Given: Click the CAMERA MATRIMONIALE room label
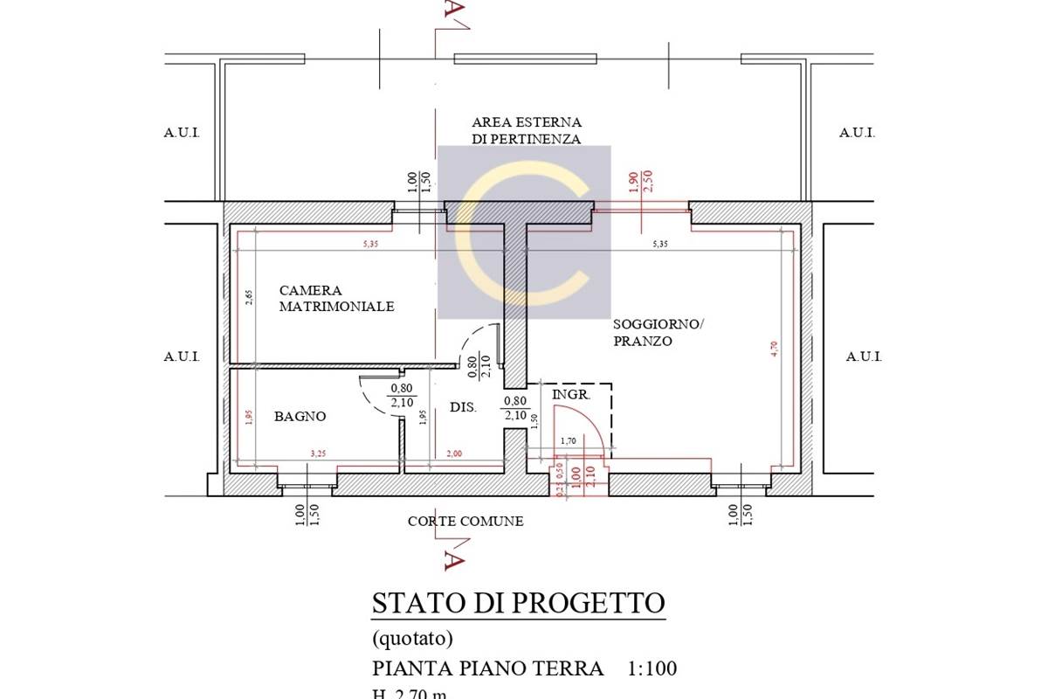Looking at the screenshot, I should (x=336, y=298).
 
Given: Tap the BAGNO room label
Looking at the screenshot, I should (x=300, y=417).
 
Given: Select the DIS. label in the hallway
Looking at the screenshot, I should (x=462, y=407).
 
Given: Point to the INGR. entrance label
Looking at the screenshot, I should (x=572, y=395).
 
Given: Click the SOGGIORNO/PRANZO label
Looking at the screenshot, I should (x=657, y=332).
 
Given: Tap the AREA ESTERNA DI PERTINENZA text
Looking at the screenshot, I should (x=526, y=130).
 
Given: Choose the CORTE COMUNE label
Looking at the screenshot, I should (x=465, y=522).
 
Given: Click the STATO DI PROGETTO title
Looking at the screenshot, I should (x=518, y=603).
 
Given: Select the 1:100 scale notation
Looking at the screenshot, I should (x=652, y=669).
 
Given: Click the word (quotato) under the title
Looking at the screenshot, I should (x=412, y=639).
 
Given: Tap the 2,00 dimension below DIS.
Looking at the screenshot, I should (x=455, y=453).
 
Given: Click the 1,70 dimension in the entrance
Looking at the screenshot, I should (x=568, y=441).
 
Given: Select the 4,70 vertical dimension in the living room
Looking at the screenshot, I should (x=773, y=348).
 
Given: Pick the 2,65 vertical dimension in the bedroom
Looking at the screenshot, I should (x=249, y=297).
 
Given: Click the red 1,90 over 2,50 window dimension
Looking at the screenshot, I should (x=640, y=182).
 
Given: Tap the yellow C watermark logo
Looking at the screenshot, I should (x=524, y=232).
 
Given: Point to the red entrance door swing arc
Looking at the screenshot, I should (x=596, y=424).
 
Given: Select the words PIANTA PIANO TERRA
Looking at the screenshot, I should (x=487, y=669).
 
